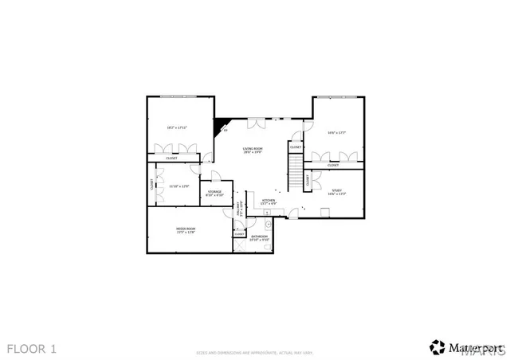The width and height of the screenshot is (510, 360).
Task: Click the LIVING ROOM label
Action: coord(253,149)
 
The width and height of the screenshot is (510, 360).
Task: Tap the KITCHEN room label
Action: coord(269,200)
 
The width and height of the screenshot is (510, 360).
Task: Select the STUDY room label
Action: coord(336,190)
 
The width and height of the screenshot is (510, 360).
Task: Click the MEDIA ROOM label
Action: coord(186,229)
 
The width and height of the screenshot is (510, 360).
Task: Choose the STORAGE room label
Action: coord(215,192)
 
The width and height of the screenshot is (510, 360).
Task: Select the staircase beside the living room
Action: coord(295,168)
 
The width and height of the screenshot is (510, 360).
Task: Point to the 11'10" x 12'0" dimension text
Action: coord(178,186)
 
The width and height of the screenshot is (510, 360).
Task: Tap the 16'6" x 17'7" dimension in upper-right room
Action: coord(336,133)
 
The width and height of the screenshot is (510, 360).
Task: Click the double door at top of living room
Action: coord(257,123)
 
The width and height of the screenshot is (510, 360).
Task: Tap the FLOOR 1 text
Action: coord(32,348)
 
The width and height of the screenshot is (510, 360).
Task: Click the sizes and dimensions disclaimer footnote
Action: coord(254,350)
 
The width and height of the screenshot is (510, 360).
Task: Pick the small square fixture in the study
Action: coord(324,211)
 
